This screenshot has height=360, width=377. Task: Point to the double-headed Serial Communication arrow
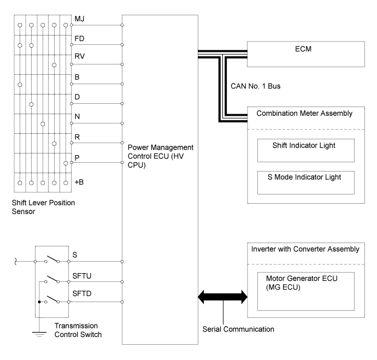pos(223,298)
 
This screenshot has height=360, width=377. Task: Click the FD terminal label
pos(79,39)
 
